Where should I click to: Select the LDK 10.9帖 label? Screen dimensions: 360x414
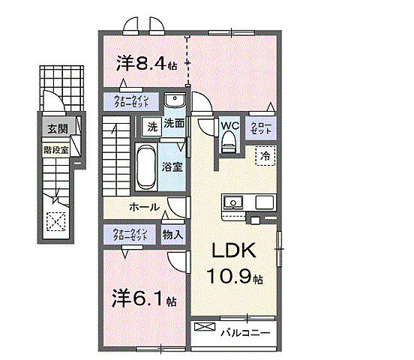[236, 262]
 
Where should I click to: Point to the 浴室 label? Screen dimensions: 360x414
[173, 166]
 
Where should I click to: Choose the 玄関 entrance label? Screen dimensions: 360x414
[57, 129]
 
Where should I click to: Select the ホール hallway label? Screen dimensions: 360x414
[143, 206]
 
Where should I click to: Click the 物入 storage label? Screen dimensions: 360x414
[173, 234]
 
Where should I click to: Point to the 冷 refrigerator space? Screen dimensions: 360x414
[265, 155]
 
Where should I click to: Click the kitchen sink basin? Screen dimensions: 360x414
[233, 202]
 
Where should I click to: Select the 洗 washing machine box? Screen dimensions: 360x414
[152, 126]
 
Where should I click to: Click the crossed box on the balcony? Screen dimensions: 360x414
[203, 327]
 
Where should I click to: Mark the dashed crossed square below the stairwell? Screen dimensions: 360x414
[56, 223]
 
